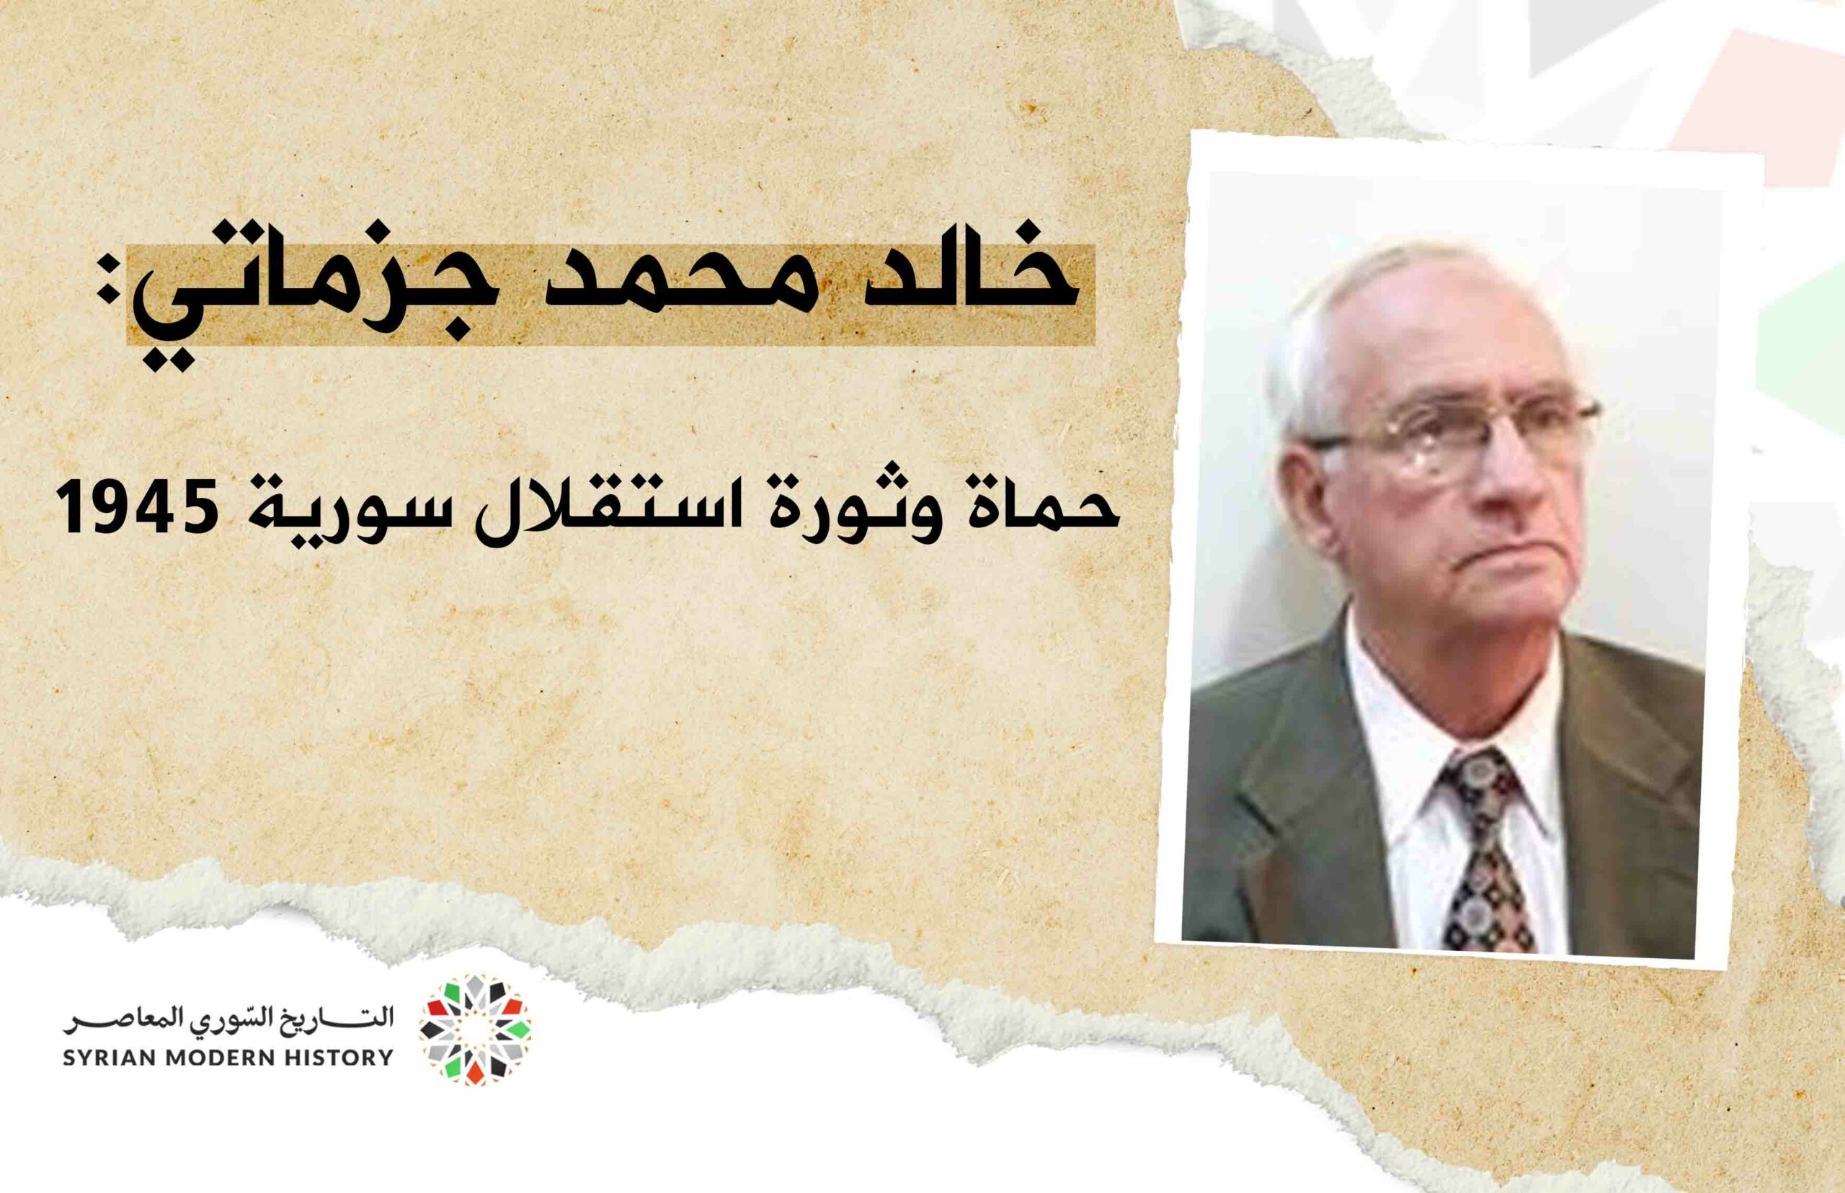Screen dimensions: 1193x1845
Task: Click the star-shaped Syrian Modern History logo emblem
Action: pyautogui.click(x=475, y=1029)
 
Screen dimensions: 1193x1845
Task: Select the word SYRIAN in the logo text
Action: pyautogui.click(x=102, y=1058)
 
